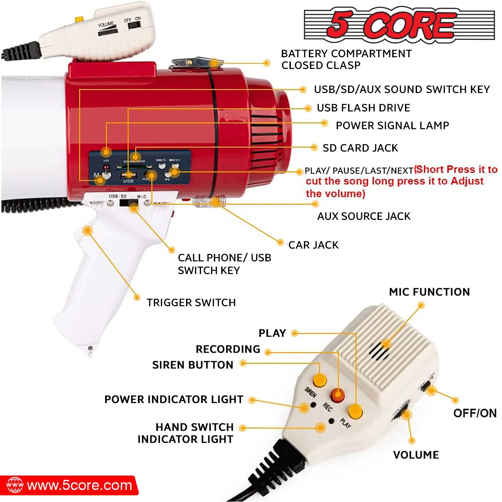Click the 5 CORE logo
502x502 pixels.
click(399, 25)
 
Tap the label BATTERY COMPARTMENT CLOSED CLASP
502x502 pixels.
click(346, 60)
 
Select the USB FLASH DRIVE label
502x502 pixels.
click(363, 108)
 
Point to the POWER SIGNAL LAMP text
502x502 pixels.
click(392, 125)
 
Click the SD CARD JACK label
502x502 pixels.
click(360, 148)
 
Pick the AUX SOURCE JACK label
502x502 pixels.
click(363, 216)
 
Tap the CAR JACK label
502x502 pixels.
click(314, 245)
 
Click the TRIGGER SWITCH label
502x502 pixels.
click(191, 303)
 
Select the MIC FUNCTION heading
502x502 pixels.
click(429, 292)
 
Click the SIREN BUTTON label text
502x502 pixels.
click(193, 365)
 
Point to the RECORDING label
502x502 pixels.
click(228, 349)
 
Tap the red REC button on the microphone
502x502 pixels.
click(338, 395)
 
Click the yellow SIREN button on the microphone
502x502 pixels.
click(320, 380)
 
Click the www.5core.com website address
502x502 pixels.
click(80, 485)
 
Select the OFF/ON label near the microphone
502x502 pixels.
click(475, 413)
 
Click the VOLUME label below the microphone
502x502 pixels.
click(416, 455)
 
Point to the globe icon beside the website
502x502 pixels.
click(15, 485)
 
